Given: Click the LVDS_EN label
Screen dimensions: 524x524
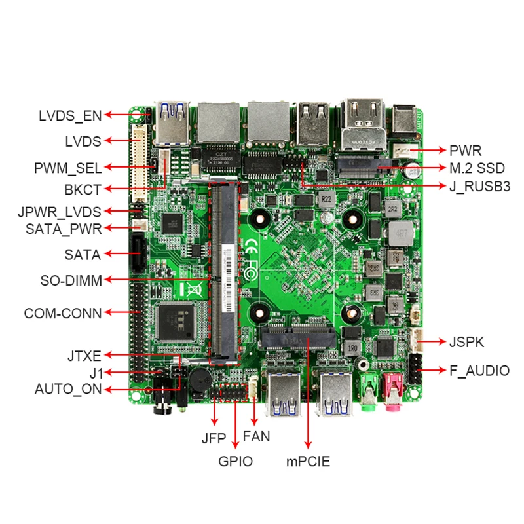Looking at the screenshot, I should click(x=69, y=116).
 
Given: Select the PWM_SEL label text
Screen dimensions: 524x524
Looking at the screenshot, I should click(x=67, y=168).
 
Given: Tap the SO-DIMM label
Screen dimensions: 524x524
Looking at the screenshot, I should click(x=71, y=281).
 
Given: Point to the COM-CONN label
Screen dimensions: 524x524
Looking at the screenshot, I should click(x=63, y=313).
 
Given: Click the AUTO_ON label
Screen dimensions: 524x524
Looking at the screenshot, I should click(x=68, y=390).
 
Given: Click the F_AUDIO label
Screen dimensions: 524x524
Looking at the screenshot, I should click(x=479, y=371).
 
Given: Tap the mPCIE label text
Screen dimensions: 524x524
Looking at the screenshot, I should click(x=308, y=461).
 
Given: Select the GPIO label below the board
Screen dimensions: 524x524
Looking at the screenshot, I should click(x=235, y=461).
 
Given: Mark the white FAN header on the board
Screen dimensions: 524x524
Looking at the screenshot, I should click(x=253, y=389).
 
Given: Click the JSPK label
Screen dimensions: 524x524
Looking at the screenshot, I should click(x=466, y=341).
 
